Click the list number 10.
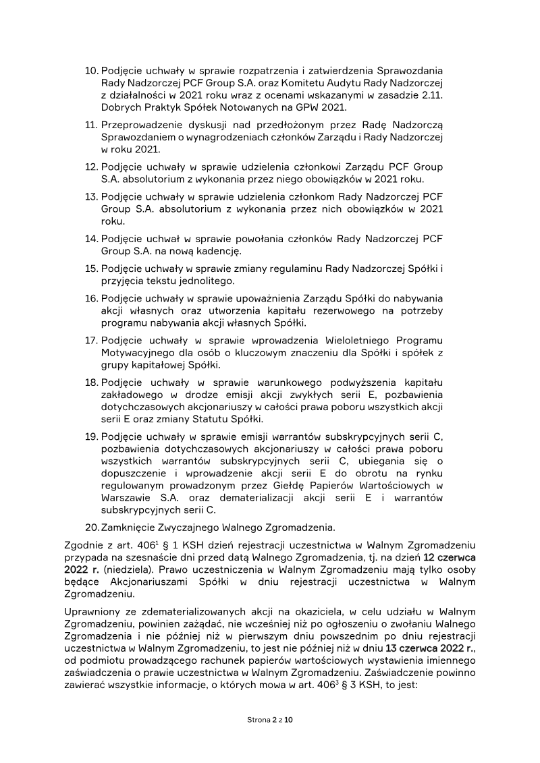(91, 71)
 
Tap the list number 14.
(91, 239)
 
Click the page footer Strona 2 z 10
(270, 720)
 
